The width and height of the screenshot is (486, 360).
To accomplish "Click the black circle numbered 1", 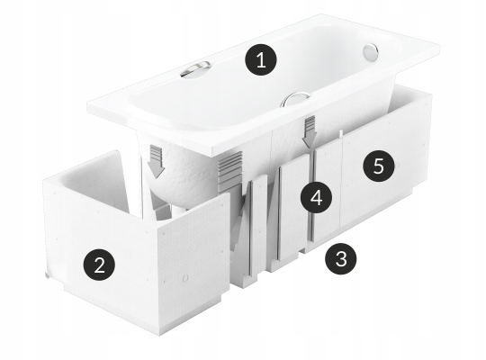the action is [261, 60].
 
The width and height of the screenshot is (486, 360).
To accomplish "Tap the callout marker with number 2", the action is [99, 265].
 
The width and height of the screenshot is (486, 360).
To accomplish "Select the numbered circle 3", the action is [340, 259].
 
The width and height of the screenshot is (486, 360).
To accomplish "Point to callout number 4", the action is [316, 197].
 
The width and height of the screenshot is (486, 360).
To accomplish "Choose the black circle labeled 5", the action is [379, 166].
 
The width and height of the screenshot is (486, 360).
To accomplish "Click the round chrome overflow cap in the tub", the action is [371, 52].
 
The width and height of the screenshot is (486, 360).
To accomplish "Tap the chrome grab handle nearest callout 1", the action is [195, 69].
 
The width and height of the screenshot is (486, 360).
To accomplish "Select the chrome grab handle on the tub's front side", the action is [295, 99].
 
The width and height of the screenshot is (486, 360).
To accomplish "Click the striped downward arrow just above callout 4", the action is [310, 131].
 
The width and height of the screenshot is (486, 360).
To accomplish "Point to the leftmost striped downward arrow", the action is [156, 161].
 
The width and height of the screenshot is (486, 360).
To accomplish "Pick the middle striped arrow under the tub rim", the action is [230, 172].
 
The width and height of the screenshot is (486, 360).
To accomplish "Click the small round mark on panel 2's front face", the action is [185, 278].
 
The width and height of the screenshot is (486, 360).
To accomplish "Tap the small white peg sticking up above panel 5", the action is [340, 134].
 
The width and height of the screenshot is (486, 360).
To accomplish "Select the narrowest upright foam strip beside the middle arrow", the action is [258, 227].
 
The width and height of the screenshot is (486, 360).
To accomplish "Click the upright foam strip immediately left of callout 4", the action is [292, 210].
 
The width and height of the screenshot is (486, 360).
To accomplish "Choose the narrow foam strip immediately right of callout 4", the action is [328, 193].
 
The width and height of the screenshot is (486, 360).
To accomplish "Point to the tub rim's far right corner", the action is [439, 47].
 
